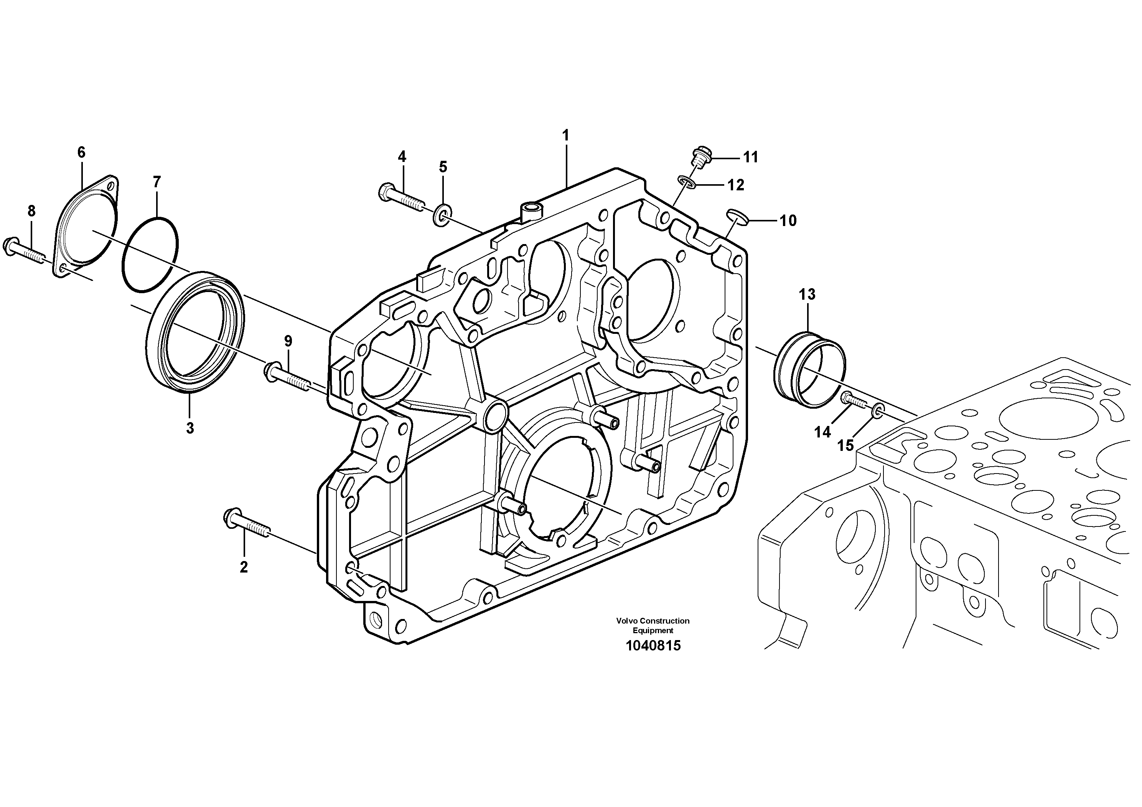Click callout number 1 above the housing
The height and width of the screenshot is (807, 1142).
coord(565,135)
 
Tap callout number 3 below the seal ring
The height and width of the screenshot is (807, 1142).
coord(190,428)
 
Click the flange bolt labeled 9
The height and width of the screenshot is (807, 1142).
coord(287,378)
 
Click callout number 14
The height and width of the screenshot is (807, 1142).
coord(822,432)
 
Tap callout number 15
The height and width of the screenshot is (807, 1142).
coord(845,445)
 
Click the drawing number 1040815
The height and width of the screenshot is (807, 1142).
coord(653,646)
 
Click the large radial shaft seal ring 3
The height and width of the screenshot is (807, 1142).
coord(196,332)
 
